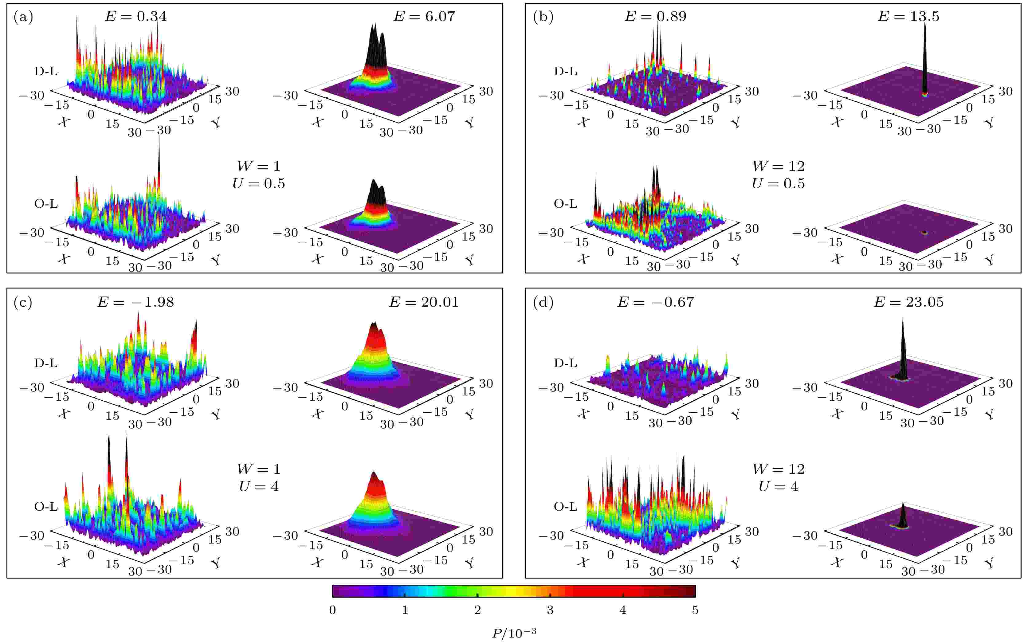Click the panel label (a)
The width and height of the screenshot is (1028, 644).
(x=23, y=17)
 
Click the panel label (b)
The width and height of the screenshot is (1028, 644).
(x=543, y=17)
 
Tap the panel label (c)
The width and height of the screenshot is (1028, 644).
(x=23, y=302)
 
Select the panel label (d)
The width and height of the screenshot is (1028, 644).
(x=543, y=302)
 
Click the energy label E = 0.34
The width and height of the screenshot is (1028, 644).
(x=136, y=17)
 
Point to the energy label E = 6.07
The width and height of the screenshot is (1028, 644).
(x=424, y=17)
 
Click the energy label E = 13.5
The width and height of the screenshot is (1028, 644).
(x=908, y=17)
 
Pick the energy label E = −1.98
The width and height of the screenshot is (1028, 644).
(x=135, y=302)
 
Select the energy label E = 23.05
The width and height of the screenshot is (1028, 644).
(x=909, y=302)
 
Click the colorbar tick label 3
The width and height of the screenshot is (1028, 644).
(x=550, y=610)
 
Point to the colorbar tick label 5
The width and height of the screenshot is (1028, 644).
(x=695, y=610)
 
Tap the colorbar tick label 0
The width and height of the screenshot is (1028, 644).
(x=333, y=610)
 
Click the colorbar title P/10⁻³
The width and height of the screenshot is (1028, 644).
(x=514, y=633)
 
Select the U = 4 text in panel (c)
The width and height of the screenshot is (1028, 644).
(x=258, y=486)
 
